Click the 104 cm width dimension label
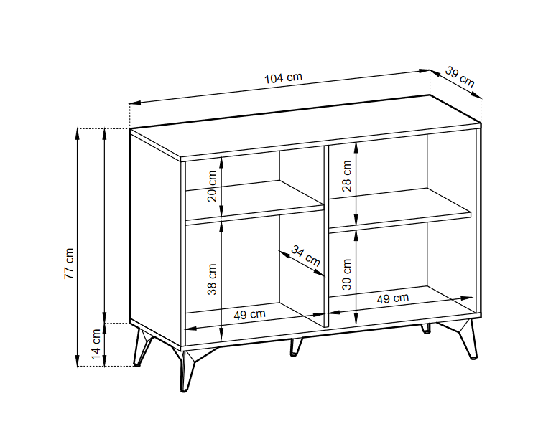point(283,78)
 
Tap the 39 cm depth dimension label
point(460,76)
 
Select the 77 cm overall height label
point(69,263)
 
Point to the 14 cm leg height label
point(96,344)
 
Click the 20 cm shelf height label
point(212,186)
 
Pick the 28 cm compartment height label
point(347,176)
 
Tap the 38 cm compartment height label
point(212,280)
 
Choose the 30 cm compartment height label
point(347,273)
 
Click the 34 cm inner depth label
point(306,255)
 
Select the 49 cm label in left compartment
point(250,314)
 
